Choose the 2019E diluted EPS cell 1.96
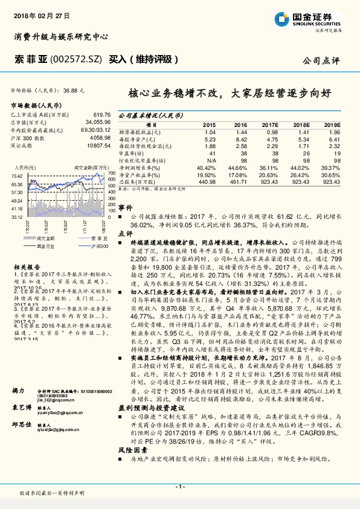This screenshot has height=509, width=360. (x=335, y=131)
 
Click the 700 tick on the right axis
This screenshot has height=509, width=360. (x=112, y=179)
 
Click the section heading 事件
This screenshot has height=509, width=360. (x=125, y=207)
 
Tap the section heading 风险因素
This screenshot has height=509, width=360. (x=130, y=450)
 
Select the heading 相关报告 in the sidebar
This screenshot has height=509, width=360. (x=26, y=266)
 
